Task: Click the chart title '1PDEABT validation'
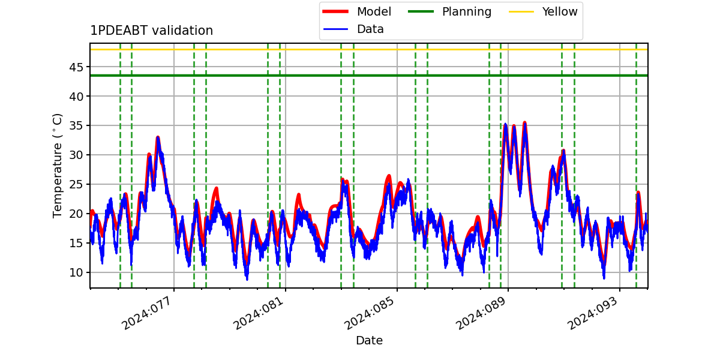tap(151, 31)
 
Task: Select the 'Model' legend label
tap(374, 11)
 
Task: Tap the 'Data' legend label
tap(370, 29)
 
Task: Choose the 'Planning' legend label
tap(467, 11)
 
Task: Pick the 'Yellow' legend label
tap(560, 11)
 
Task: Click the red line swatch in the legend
tap(335, 11)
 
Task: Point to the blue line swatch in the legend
tap(335, 29)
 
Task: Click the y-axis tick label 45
tap(76, 67)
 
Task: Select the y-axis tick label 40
tap(76, 97)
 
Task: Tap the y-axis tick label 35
tap(76, 125)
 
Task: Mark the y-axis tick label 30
tap(76, 155)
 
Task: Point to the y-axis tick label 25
tap(76, 185)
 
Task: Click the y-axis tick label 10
tap(76, 272)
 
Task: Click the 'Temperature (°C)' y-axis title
tap(57, 166)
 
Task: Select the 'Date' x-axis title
tap(370, 340)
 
